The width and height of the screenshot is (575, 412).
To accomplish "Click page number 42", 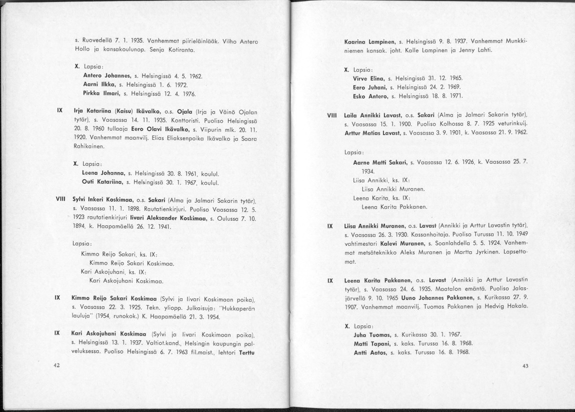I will [56, 365].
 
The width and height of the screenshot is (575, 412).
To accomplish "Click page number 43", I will [525, 366].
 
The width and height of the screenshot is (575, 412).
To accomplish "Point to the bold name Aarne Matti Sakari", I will [380, 162].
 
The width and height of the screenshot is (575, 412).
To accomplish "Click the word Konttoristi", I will [146, 120].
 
